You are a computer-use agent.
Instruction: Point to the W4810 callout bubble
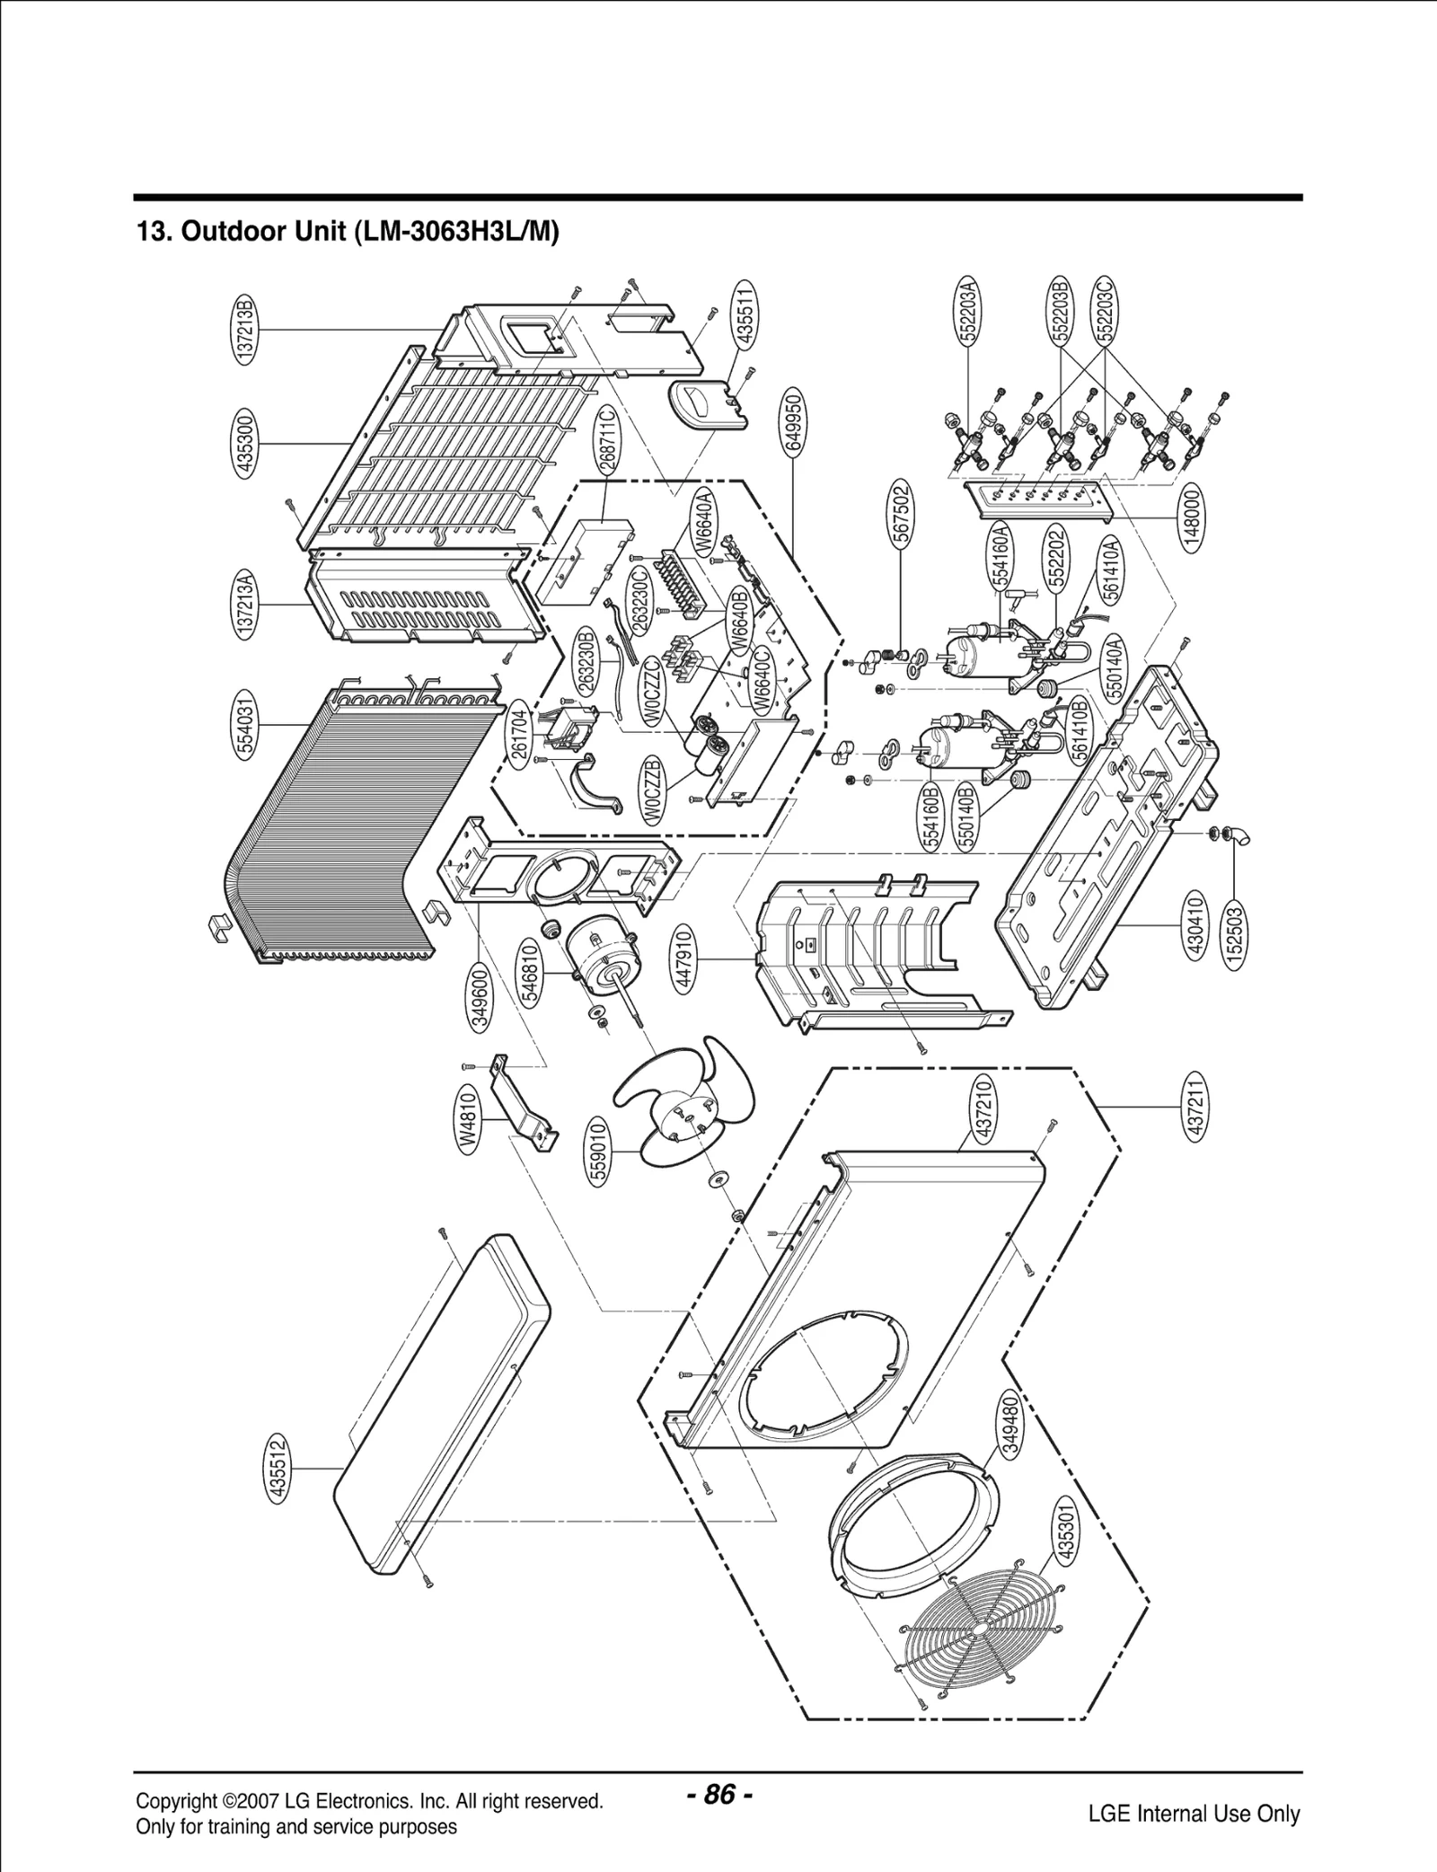click(467, 1119)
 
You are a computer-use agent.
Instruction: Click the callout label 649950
click(793, 422)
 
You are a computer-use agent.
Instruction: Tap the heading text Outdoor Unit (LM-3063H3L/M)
click(348, 232)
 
